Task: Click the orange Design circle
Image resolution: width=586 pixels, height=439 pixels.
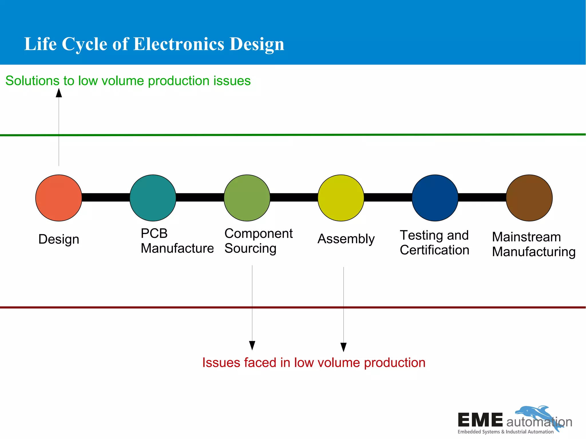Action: (x=59, y=198)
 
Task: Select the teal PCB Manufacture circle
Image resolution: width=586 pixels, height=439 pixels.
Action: (x=153, y=198)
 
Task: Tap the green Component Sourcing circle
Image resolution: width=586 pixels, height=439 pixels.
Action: (x=247, y=198)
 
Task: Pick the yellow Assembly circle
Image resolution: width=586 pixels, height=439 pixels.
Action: (x=341, y=198)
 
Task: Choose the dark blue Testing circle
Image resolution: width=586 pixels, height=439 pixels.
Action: (x=435, y=198)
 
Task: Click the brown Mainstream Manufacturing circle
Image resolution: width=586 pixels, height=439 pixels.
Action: (x=529, y=198)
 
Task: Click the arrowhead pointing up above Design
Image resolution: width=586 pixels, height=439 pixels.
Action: (x=59, y=93)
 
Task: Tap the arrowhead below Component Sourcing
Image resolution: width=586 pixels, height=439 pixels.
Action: (x=252, y=345)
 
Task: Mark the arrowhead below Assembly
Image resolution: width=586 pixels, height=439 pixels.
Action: (x=343, y=347)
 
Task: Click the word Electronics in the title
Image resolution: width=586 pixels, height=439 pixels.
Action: (x=179, y=44)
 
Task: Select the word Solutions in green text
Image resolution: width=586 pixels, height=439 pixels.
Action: (x=32, y=81)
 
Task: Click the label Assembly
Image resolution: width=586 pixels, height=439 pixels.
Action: (x=346, y=239)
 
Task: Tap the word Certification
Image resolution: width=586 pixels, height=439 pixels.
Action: (x=434, y=250)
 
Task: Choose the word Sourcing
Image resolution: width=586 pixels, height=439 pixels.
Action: (x=250, y=249)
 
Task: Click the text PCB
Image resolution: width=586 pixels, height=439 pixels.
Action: (x=154, y=234)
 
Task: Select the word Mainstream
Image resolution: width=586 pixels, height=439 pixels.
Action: (x=526, y=237)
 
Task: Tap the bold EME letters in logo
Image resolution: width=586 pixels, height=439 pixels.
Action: (x=480, y=420)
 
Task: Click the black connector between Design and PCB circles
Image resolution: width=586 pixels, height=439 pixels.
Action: (x=106, y=197)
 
